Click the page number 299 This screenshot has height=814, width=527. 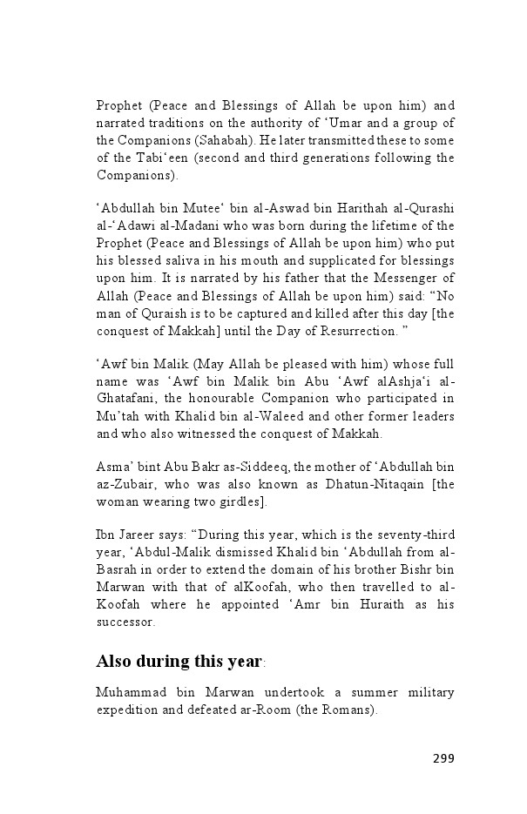[x=443, y=757]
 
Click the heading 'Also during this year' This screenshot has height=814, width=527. [x=179, y=661]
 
